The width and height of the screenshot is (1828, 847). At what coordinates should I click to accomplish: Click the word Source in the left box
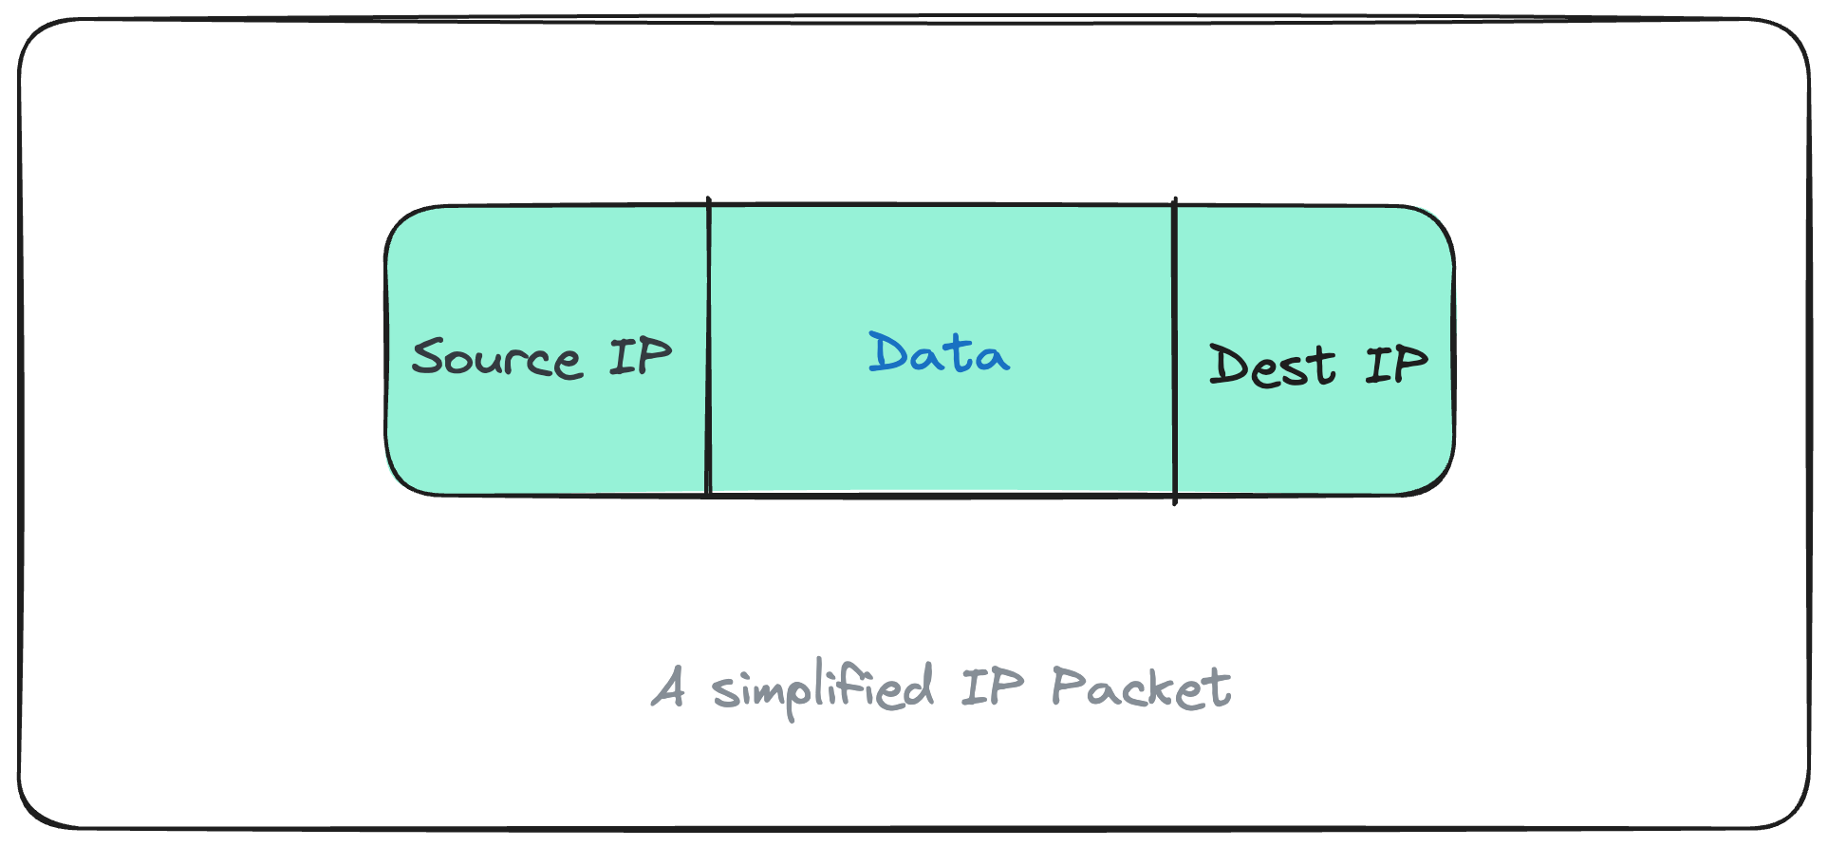click(496, 359)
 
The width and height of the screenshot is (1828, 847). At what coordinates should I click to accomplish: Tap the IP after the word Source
click(640, 357)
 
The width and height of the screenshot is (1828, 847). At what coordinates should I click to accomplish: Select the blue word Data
click(939, 353)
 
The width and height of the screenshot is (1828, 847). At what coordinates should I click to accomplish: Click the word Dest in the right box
click(1272, 367)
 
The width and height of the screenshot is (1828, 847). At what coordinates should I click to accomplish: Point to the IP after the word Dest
click(1396, 365)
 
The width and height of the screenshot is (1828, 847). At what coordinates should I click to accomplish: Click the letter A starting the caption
click(669, 687)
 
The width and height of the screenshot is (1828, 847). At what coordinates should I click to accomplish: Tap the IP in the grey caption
click(992, 687)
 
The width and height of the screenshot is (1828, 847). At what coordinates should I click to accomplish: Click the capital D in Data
click(888, 352)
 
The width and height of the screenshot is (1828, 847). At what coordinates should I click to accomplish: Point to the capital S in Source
click(433, 357)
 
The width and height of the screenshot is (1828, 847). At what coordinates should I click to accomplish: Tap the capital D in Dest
click(1230, 365)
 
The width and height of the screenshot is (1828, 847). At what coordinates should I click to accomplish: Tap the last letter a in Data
click(991, 358)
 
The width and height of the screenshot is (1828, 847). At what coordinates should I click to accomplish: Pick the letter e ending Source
click(568, 364)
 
